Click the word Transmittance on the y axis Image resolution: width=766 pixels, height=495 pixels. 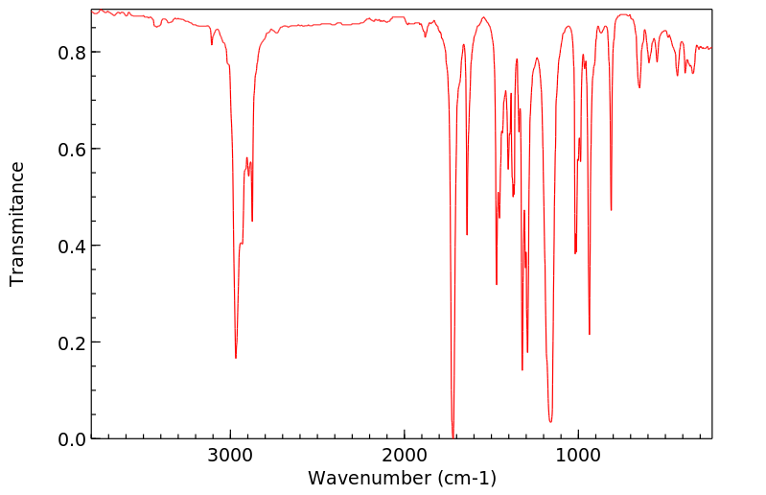[x=17, y=224]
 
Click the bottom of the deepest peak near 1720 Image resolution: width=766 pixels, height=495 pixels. [x=453, y=437]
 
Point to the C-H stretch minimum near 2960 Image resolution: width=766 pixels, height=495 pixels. [x=236, y=358]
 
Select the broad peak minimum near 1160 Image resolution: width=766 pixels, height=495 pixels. [x=550, y=421]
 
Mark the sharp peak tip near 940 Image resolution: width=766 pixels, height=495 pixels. [x=589, y=334]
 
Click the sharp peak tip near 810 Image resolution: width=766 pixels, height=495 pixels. [x=611, y=209]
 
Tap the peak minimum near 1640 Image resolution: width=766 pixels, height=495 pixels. [x=467, y=234]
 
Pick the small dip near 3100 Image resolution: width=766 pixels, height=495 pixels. [x=212, y=44]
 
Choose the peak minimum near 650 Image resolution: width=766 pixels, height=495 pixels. [x=639, y=87]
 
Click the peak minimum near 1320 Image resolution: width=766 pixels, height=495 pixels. [x=522, y=369]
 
